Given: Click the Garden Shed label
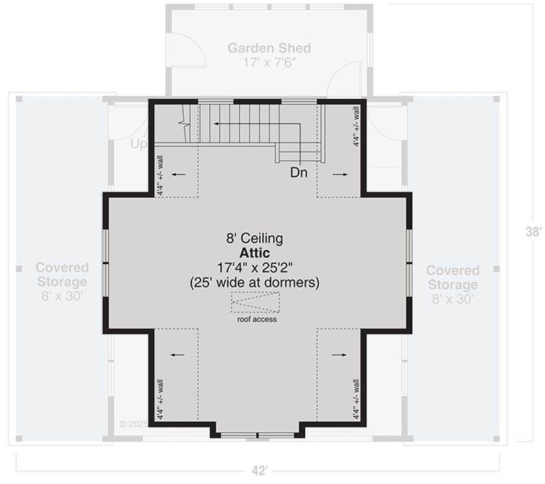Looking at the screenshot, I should pyautogui.click(x=269, y=48).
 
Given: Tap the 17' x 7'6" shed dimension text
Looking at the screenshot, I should pyautogui.click(x=269, y=62).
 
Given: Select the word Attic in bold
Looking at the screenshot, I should pyautogui.click(x=255, y=252).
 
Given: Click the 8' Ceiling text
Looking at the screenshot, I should pyautogui.click(x=255, y=238).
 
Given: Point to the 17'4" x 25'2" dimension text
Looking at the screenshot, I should pyautogui.click(x=255, y=267).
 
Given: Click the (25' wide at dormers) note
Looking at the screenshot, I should pyautogui.click(x=255, y=282).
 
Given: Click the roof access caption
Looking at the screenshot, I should pyautogui.click(x=256, y=319).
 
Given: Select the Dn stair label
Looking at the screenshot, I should pyautogui.click(x=298, y=172).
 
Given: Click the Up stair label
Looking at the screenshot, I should pyautogui.click(x=138, y=145).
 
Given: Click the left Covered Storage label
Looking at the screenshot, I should pyautogui.click(x=61, y=274).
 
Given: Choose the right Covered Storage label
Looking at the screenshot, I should pyautogui.click(x=452, y=277).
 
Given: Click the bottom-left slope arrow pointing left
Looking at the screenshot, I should pyautogui.click(x=178, y=354).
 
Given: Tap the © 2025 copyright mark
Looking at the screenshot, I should pyautogui.click(x=133, y=423).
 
